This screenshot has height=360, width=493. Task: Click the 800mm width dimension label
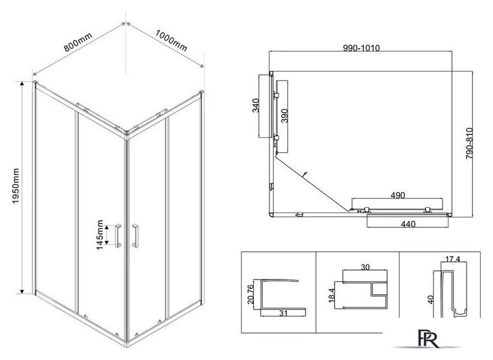coord(78,42)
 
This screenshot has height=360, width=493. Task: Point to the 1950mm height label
coord(15,186)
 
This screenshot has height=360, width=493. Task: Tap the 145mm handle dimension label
coord(100,235)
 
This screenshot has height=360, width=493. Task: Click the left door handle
coord(118,235)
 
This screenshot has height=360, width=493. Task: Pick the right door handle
coord(135,235)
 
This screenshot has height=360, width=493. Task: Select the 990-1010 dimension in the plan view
coord(361,48)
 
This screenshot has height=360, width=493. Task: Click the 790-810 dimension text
coord(469,143)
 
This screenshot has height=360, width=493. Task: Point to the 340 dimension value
coord(256,106)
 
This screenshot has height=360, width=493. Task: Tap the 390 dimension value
coord(284,116)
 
